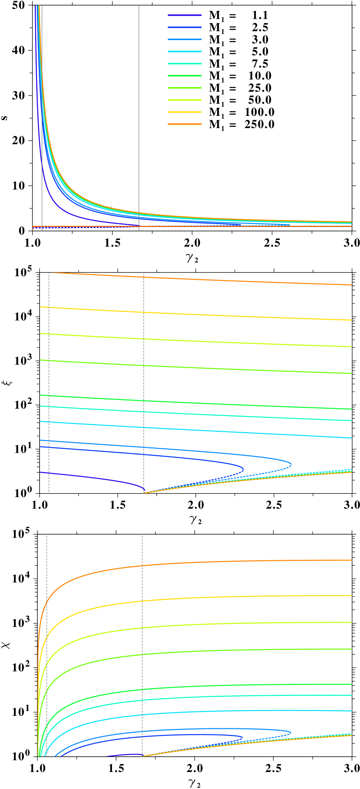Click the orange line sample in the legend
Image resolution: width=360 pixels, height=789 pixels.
tap(185, 124)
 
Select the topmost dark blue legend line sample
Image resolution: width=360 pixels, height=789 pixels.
tap(185, 15)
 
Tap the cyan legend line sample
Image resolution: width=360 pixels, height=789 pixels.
tap(185, 51)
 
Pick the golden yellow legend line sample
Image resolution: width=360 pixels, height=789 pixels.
tap(185, 112)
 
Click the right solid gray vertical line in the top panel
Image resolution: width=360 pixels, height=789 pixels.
tap(139, 109)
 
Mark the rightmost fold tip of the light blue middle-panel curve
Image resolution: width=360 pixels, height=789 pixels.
tap(291, 464)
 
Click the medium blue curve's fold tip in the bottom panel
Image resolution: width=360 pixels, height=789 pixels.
tap(243, 737)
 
